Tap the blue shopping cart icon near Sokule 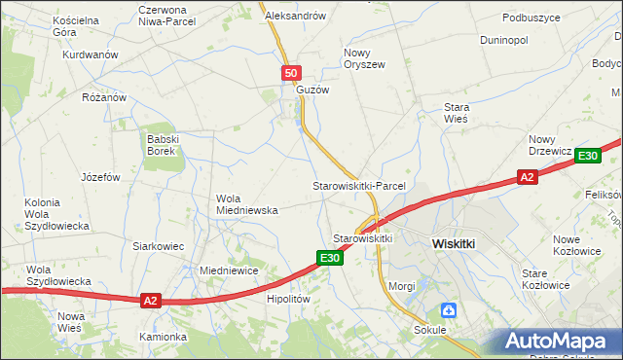click(x=448, y=310)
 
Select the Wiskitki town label click(x=453, y=244)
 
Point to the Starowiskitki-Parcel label click(x=357, y=185)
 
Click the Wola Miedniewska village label click(x=247, y=203)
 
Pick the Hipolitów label click(x=288, y=300)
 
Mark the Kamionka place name click(x=163, y=337)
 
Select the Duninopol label click(x=504, y=41)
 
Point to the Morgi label click(x=402, y=286)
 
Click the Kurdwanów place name click(x=91, y=55)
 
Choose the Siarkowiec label click(x=159, y=246)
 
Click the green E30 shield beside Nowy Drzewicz click(x=587, y=156)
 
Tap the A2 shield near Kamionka click(x=149, y=301)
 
